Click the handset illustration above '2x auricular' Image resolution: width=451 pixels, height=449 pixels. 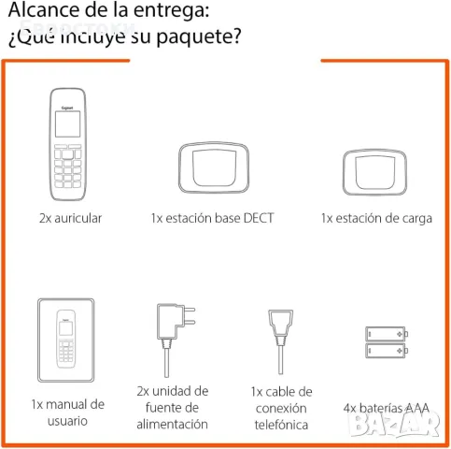click(x=67, y=144)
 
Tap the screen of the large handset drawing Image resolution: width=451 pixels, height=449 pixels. click(x=67, y=124)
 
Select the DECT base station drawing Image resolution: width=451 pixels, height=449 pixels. click(x=214, y=167)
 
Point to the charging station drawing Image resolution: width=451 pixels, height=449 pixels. click(x=374, y=172)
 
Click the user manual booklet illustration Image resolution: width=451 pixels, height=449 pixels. click(x=66, y=340)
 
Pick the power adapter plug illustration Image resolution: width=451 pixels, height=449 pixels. click(x=175, y=340)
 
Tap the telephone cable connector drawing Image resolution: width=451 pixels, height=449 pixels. click(x=280, y=341)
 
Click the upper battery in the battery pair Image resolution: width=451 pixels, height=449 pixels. click(x=387, y=334)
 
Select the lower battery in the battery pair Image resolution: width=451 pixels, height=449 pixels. click(x=387, y=351)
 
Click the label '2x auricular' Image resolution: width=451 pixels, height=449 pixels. click(x=70, y=218)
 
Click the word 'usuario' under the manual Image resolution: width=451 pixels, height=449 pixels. click(x=67, y=421)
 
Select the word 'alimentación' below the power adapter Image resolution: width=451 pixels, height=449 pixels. click(x=172, y=424)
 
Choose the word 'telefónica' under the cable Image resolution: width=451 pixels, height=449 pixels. click(x=281, y=425)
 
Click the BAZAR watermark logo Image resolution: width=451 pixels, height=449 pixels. click(x=394, y=423)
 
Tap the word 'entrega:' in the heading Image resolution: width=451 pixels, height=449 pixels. click(x=171, y=11)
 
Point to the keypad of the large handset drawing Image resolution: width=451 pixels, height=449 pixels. click(x=67, y=166)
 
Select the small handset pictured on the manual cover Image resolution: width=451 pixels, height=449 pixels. click(x=66, y=339)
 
